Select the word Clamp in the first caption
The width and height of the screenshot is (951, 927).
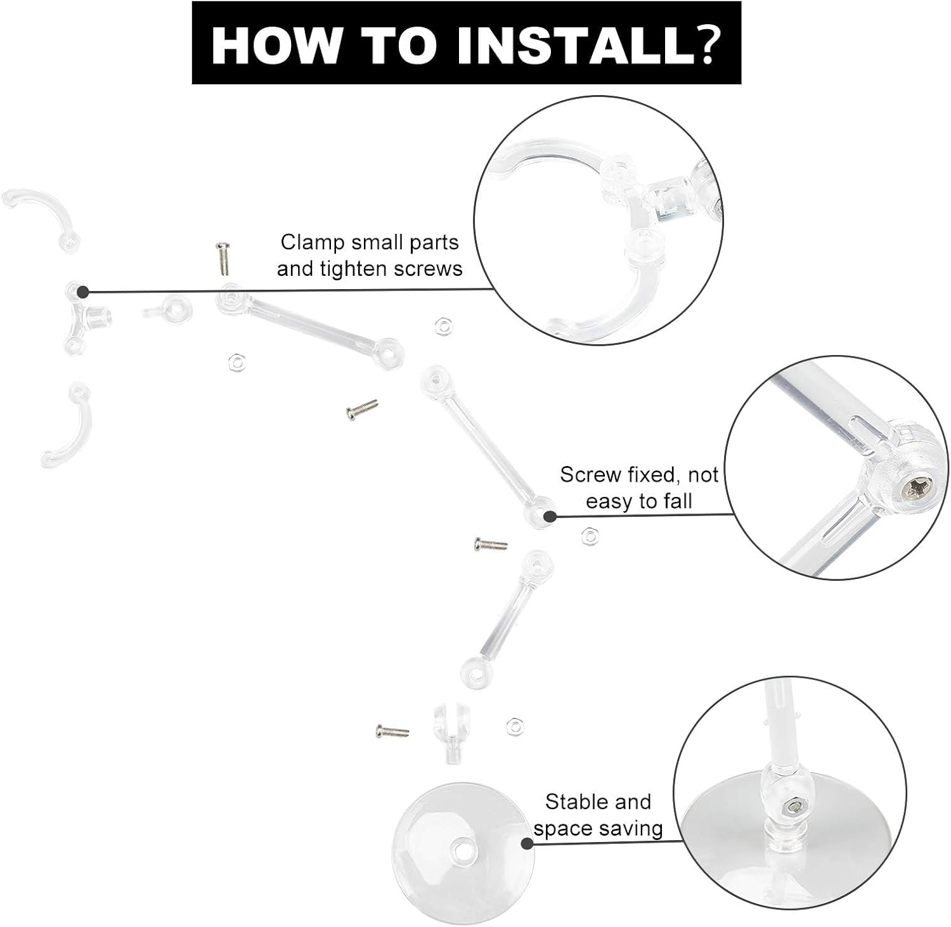312,242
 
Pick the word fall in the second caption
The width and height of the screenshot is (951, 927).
675,502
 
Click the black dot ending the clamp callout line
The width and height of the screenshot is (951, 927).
82,292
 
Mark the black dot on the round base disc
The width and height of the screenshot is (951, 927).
526,843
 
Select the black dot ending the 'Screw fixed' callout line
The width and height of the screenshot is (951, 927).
549,517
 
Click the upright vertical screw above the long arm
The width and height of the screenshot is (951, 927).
222,259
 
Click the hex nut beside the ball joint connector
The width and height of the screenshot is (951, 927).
514,727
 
